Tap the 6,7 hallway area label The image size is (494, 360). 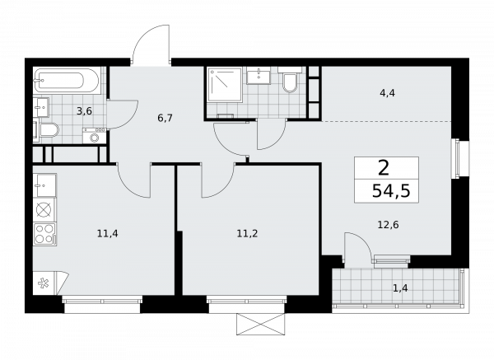pos(165,118)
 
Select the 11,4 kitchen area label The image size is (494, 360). pos(107,233)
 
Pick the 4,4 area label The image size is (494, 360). pos(386,93)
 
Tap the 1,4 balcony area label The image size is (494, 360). pos(400,287)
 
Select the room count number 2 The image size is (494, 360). pos(384,167)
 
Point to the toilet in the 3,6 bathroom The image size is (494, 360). pos(48,130)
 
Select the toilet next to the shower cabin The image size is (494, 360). pos(289,83)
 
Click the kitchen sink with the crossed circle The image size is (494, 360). pos(44,208)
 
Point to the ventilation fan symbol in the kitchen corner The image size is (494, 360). pos(44,283)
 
